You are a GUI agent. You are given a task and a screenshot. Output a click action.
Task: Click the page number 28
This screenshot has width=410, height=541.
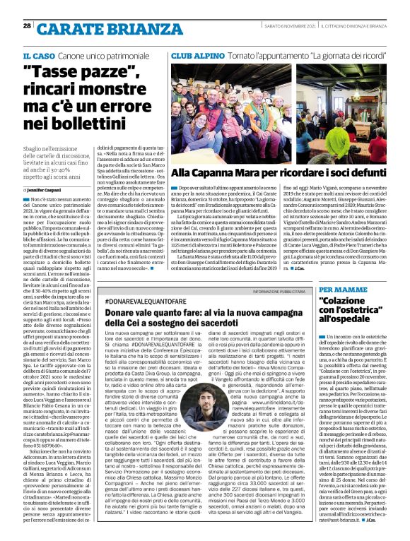tap(27, 26)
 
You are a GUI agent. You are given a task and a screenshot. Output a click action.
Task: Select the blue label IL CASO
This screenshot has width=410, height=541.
tap(37, 55)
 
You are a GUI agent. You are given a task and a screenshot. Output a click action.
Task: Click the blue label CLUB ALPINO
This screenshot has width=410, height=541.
tap(195, 55)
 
